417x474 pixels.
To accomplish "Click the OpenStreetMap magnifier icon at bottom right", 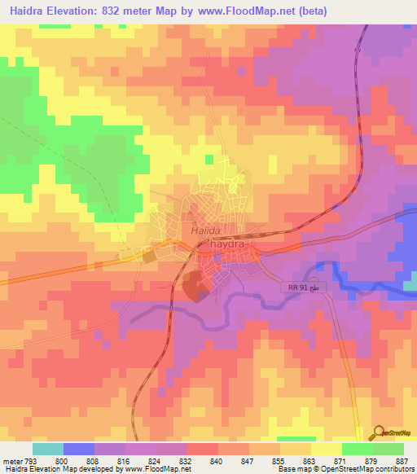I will pyautogui.click(x=379, y=433).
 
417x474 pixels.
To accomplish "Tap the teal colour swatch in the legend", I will pyautogui.click(x=48, y=449).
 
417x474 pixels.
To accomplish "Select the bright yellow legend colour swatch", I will pyautogui.click(x=326, y=449).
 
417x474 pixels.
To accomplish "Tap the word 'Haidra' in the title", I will pyautogui.click(x=25, y=11).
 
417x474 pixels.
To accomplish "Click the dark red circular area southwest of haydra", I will pyautogui.click(x=194, y=287).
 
